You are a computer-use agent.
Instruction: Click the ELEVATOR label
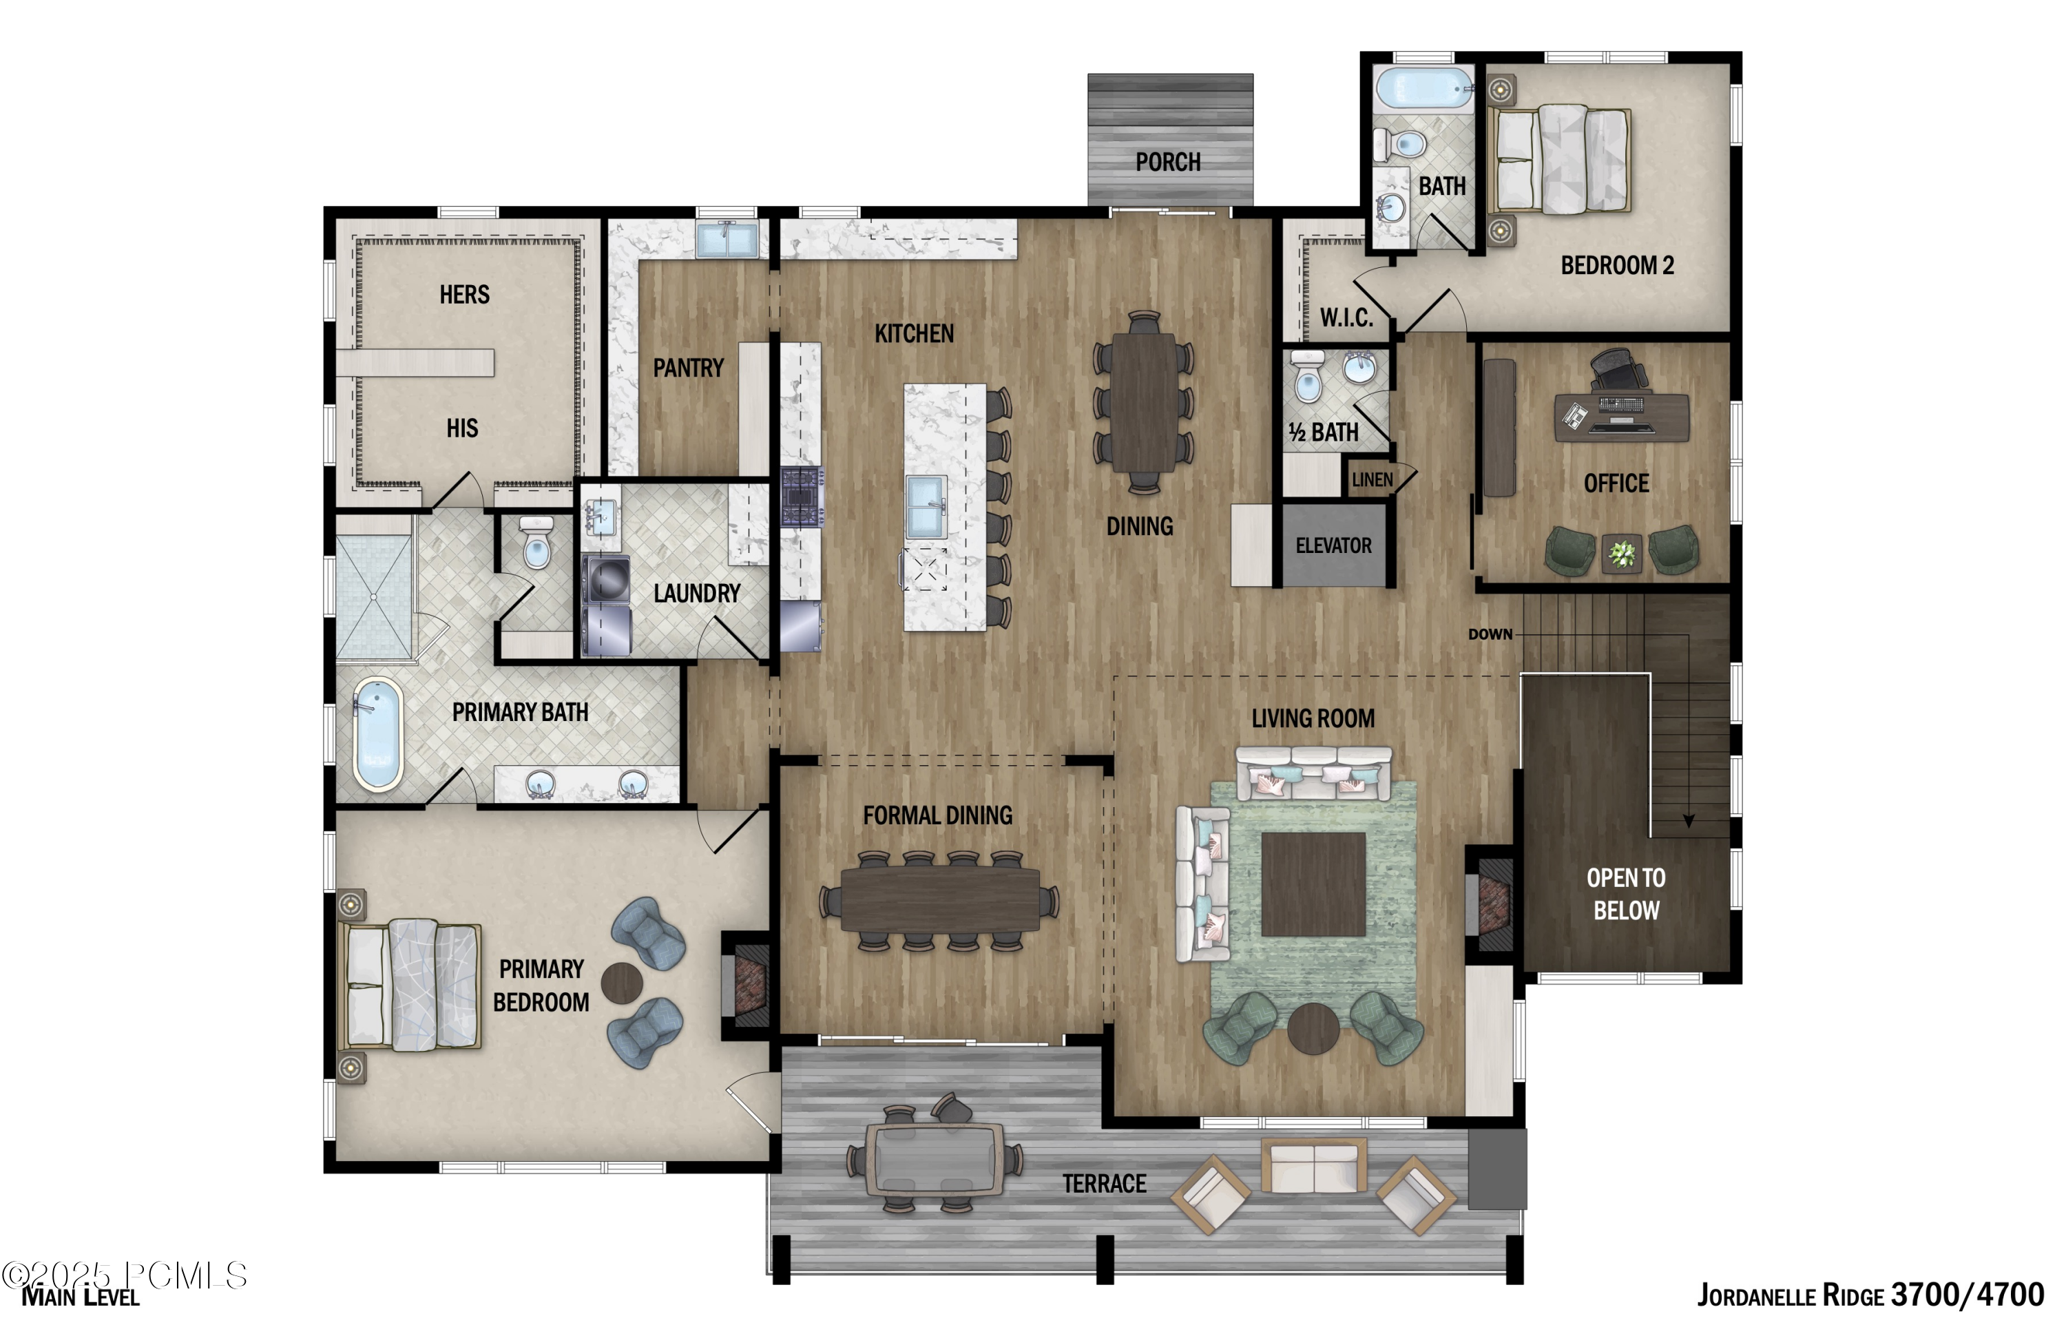point(1333,545)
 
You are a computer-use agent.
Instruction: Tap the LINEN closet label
point(1371,480)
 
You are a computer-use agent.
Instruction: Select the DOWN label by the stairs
point(1489,634)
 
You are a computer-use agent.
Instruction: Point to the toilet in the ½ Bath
point(1307,378)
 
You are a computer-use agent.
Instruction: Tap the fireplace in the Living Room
point(1492,903)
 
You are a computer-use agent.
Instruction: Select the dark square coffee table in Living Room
point(1313,884)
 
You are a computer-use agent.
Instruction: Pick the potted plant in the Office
point(1621,552)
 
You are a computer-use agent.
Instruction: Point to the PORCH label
point(1167,163)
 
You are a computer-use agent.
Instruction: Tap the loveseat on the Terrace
point(1313,1166)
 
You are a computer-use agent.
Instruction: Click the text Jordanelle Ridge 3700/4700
point(1869,1295)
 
